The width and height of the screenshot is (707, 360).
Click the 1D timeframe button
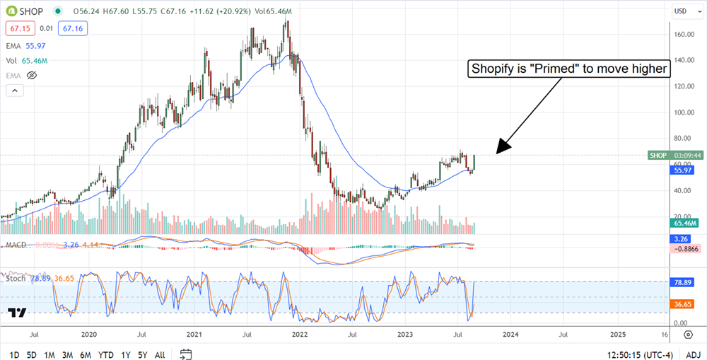14,354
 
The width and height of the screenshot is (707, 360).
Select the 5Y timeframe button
142,354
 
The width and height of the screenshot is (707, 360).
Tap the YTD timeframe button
106,354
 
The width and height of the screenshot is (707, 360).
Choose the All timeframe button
160,354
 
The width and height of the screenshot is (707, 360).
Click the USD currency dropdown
682,11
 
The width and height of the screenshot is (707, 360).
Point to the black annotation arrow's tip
498,152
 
